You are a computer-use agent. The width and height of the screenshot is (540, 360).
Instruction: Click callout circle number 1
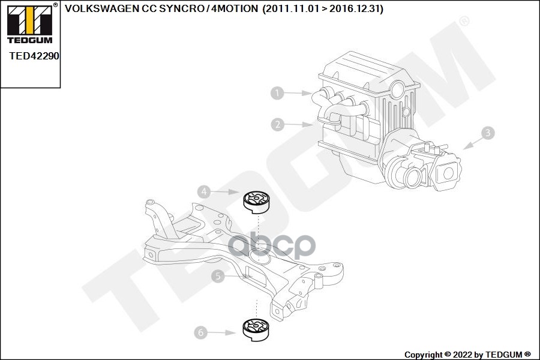[x=277, y=93]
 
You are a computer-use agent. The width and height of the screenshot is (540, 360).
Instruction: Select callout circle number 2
[x=277, y=125]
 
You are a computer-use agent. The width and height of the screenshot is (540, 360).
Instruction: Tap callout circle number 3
[x=488, y=133]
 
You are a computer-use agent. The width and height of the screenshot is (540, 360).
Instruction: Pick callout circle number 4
[x=205, y=191]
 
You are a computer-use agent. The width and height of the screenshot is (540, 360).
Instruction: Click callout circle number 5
[x=217, y=276]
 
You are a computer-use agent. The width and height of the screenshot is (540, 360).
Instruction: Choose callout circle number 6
[x=201, y=332]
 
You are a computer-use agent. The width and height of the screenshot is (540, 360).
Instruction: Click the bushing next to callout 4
[x=256, y=202]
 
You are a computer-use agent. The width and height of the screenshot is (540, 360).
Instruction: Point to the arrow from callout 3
[x=472, y=142]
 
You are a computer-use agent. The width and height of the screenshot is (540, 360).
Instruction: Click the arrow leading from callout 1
[x=298, y=94]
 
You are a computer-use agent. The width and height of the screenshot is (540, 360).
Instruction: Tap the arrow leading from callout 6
[x=224, y=332]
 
